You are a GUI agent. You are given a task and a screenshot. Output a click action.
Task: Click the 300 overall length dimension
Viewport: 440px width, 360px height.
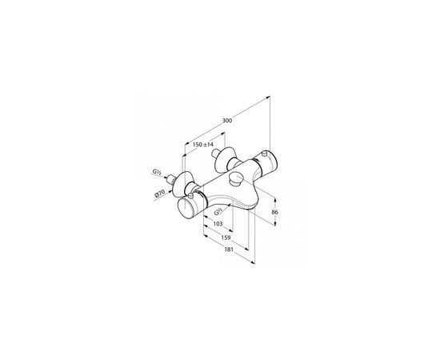[227, 120]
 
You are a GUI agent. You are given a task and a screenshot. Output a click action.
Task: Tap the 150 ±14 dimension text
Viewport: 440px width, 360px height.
[203, 145]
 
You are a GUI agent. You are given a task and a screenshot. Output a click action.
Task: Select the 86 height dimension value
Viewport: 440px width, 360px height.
[275, 212]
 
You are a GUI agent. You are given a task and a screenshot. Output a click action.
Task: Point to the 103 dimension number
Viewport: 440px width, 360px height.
[218, 224]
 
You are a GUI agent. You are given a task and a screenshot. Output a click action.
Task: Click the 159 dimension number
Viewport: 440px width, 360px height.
[226, 238]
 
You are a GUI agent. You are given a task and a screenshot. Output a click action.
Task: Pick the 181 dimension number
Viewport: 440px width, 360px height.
[229, 249]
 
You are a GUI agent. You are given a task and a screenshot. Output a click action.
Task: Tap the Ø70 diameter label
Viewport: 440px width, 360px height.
[160, 194]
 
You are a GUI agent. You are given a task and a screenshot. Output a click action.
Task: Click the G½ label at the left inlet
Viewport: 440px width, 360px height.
[156, 172]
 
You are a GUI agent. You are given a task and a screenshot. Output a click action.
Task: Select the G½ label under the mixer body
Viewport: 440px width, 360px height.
[218, 212]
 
